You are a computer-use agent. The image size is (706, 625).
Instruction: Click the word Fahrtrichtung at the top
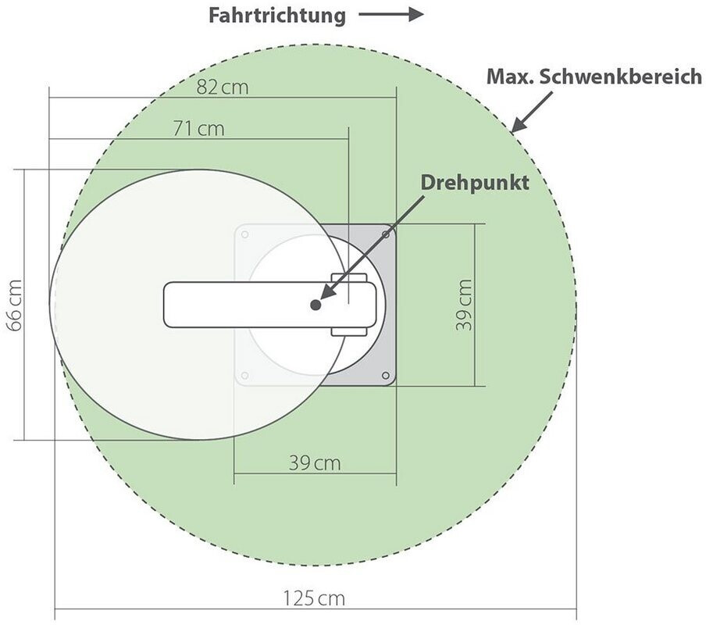(x=277, y=16)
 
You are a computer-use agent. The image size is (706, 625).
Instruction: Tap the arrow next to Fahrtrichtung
(x=390, y=14)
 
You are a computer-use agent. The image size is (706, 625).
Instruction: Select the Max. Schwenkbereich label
(x=594, y=77)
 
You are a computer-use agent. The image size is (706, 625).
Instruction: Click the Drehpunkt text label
(x=475, y=183)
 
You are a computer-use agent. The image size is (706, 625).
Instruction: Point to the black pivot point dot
(x=316, y=305)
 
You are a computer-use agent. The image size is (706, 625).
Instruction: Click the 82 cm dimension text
(x=223, y=87)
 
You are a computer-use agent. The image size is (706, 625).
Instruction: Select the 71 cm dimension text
(x=198, y=129)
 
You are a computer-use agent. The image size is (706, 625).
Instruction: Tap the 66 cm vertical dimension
(x=15, y=305)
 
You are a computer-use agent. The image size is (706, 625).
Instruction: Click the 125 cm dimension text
(x=314, y=598)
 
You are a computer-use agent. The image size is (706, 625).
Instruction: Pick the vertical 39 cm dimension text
(x=464, y=305)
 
